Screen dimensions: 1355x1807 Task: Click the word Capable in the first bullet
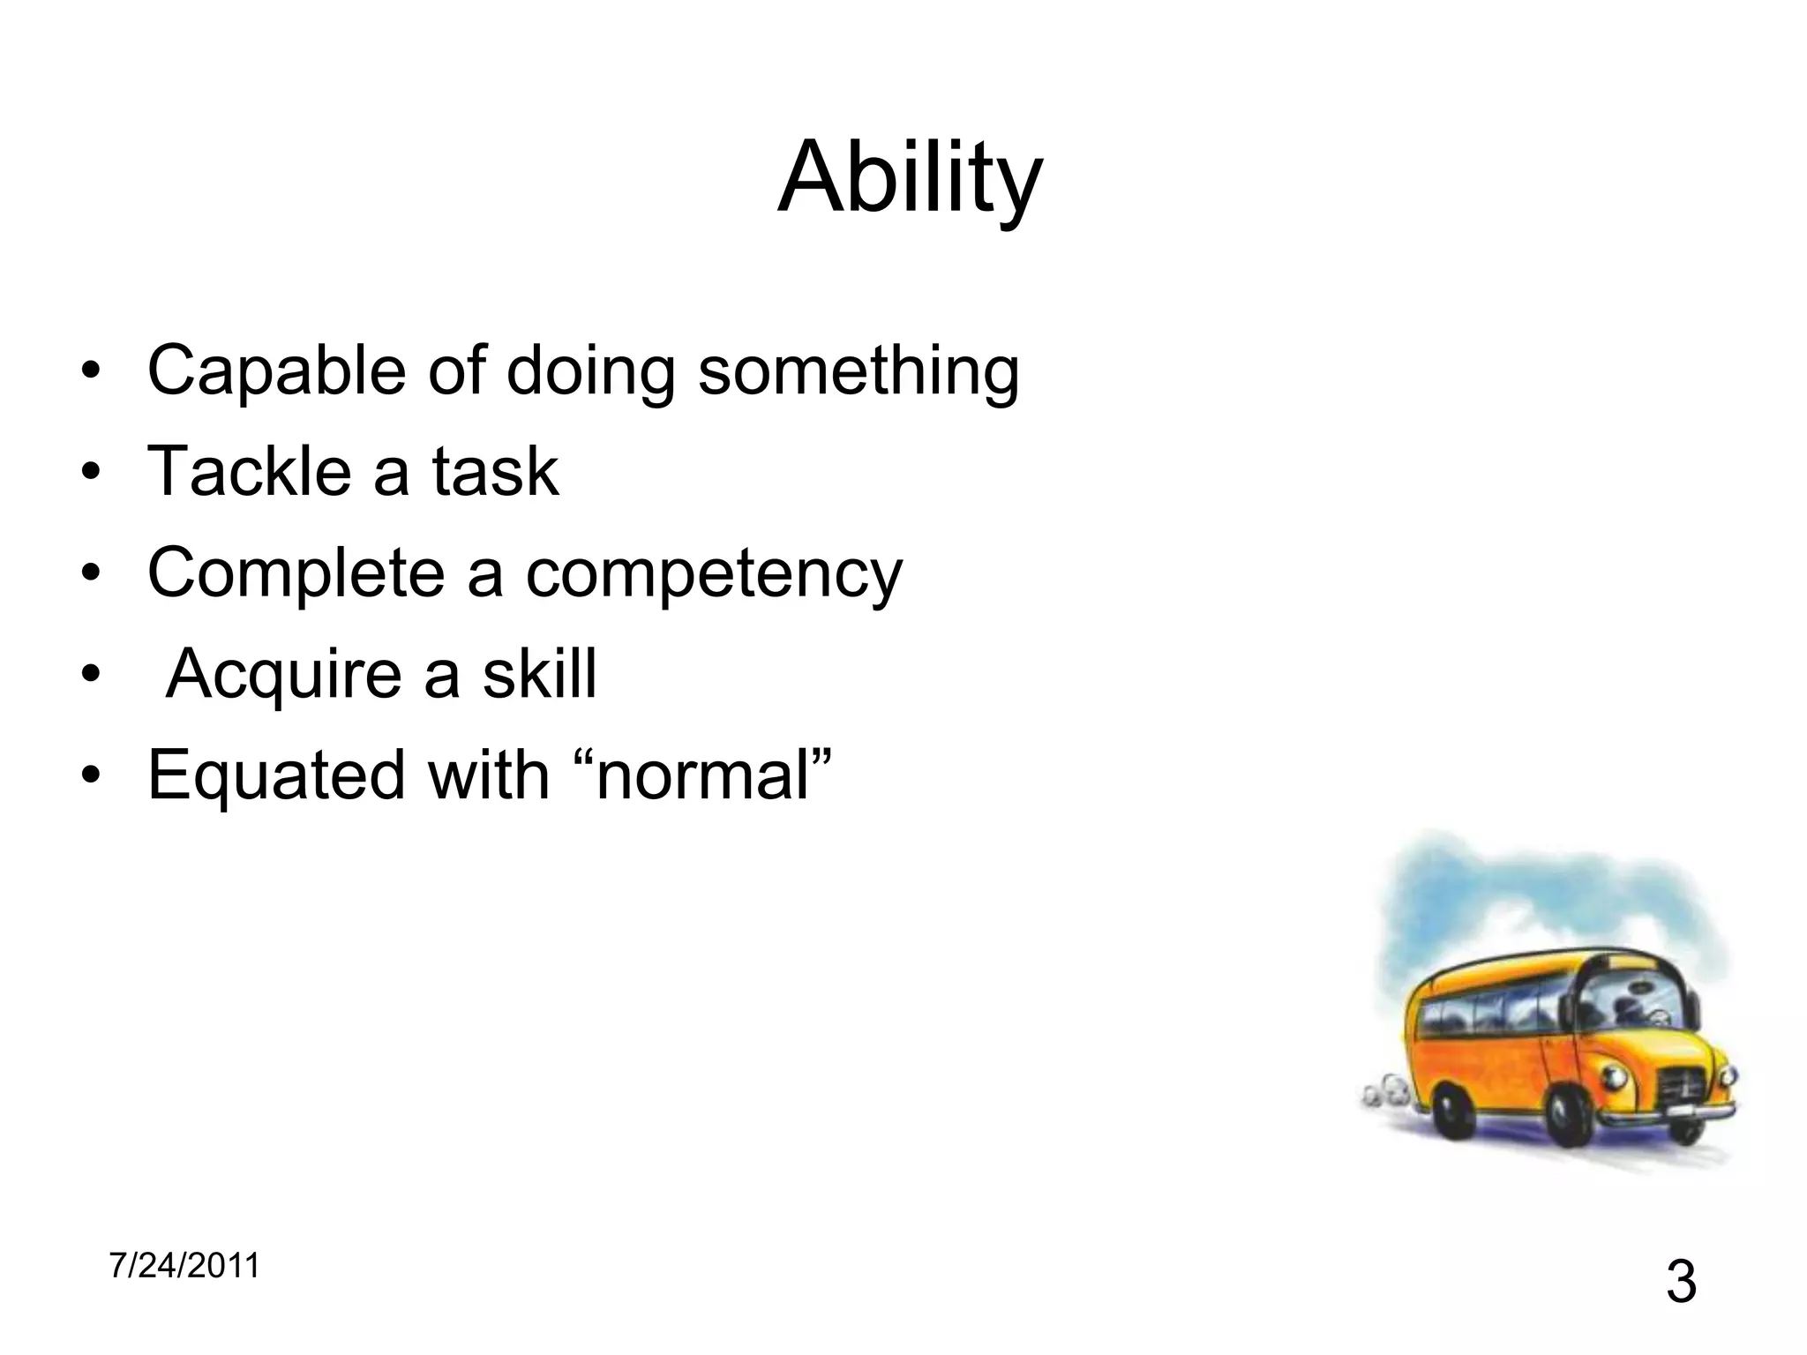pyautogui.click(x=276, y=371)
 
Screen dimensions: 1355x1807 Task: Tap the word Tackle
pyautogui.click(x=250, y=471)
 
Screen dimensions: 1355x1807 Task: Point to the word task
pyautogui.click(x=495, y=471)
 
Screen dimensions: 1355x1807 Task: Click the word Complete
pyautogui.click(x=296, y=573)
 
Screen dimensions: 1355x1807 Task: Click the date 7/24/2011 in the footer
pyautogui.click(x=184, y=1266)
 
